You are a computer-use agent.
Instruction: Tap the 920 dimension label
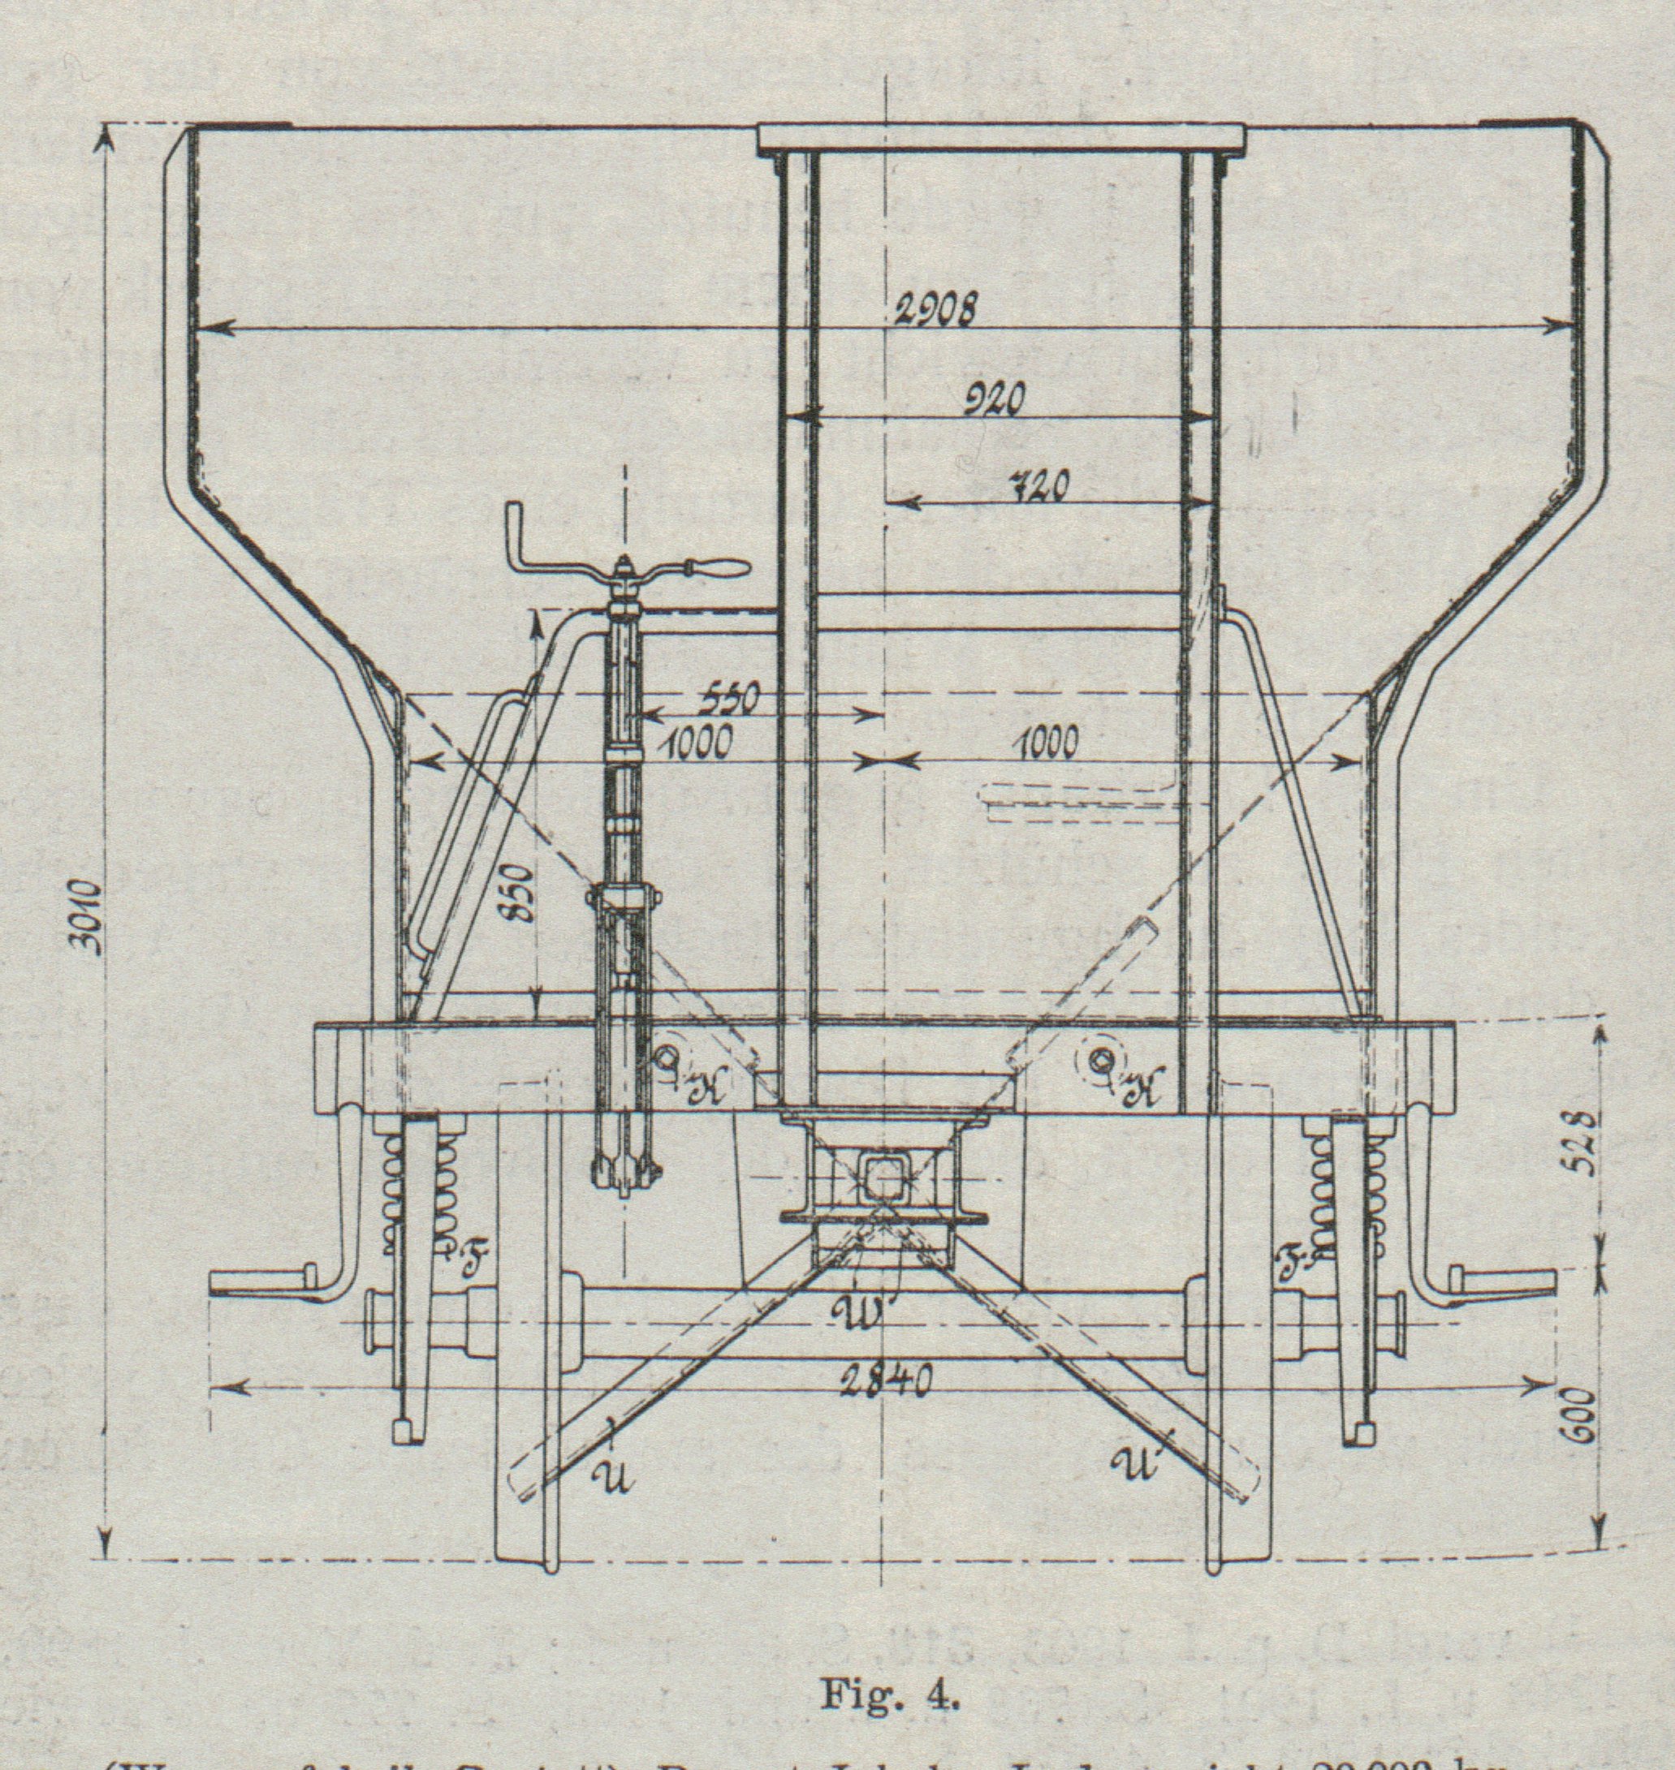pyautogui.click(x=993, y=402)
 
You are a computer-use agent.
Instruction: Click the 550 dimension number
pyautogui.click(x=726, y=701)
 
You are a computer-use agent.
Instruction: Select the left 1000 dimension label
pyautogui.click(x=699, y=740)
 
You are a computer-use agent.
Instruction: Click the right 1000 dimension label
pyautogui.click(x=1047, y=742)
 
